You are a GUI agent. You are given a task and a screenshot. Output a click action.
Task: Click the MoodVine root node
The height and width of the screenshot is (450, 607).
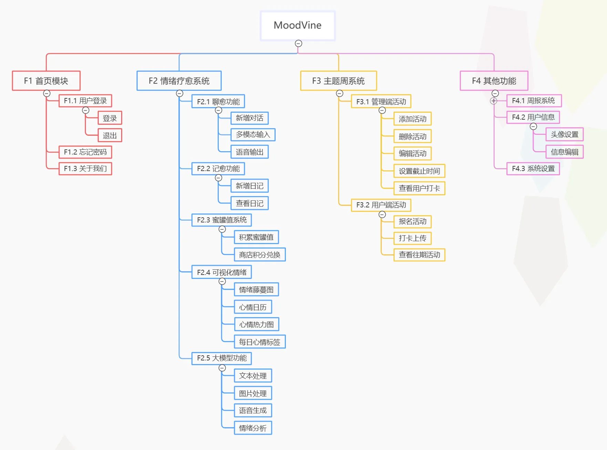point(298,25)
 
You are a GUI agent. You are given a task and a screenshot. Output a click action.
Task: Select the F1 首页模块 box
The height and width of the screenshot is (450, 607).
point(46,81)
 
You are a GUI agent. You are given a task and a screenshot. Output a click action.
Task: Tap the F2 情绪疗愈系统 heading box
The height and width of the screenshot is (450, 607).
point(179,81)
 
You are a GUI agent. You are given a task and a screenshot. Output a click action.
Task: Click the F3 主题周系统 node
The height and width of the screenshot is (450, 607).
point(338,81)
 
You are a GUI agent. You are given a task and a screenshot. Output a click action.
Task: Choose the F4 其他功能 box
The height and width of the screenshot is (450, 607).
point(494,81)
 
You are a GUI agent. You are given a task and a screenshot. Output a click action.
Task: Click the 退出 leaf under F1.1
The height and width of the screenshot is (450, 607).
point(110,135)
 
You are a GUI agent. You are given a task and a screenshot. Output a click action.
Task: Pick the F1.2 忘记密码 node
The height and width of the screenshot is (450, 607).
point(85,152)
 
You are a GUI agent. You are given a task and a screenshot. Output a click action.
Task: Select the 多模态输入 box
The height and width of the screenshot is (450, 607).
point(253,135)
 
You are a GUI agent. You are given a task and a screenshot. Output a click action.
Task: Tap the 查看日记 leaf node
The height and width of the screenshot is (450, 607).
point(249,203)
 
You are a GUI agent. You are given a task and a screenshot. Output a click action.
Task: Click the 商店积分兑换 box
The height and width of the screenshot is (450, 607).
point(259,255)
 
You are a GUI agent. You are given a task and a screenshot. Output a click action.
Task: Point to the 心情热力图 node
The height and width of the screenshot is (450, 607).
point(256,324)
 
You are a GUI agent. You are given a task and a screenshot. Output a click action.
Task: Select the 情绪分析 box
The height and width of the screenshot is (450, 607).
point(253,428)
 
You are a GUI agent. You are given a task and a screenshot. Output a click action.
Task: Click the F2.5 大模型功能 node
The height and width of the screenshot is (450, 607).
point(221,358)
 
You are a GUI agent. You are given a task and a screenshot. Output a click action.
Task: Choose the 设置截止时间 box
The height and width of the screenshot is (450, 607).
point(419,171)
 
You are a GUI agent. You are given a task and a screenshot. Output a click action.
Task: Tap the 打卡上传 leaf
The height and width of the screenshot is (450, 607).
point(412,238)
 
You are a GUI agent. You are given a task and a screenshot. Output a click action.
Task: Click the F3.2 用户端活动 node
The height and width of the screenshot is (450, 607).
point(381,205)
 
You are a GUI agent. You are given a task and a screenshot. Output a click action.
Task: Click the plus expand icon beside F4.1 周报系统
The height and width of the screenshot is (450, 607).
point(493,101)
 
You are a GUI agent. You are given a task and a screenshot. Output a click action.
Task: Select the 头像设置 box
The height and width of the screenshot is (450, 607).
point(564,134)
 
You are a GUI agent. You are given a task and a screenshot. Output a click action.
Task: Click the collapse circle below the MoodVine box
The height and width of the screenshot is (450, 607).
point(298,43)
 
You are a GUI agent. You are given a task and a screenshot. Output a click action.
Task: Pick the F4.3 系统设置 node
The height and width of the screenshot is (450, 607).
point(533,169)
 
